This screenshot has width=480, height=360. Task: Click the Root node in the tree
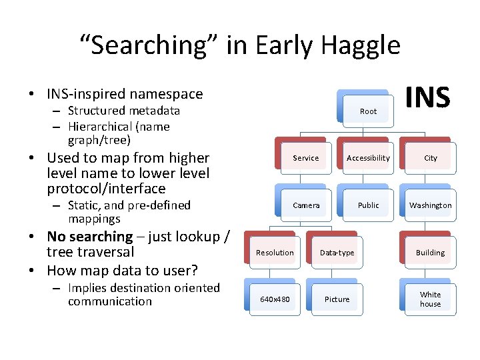368,111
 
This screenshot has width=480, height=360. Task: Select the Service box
306,158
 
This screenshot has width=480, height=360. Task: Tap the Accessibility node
368,158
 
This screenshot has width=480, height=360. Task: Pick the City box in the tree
431,158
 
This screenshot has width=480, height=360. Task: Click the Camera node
306,205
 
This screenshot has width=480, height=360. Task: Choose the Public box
368,205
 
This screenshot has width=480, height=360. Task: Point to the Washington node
431,205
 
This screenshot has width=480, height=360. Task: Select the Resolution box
275,253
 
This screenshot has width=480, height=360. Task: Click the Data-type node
337,253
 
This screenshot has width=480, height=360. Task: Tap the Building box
431,253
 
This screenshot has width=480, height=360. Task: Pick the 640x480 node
275,299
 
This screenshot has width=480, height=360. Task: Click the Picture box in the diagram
337,299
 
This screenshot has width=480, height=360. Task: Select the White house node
431,299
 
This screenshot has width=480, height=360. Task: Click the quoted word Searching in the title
150,45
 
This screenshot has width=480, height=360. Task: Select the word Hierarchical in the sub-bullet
100,127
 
